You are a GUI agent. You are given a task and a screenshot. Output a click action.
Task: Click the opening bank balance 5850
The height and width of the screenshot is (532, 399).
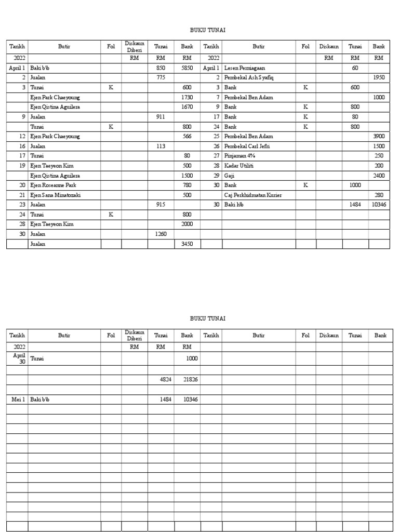point(187,68)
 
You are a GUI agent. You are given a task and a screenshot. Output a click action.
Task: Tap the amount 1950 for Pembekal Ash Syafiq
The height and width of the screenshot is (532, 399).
point(378,77)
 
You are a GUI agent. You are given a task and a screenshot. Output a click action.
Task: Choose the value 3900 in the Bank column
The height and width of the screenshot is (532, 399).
point(378,136)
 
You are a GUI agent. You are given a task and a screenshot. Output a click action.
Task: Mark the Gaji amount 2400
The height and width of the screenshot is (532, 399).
point(378,175)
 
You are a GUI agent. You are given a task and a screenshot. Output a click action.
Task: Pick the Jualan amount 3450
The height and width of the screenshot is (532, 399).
point(187,244)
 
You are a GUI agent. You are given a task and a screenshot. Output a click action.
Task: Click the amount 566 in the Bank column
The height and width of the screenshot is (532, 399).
point(187,136)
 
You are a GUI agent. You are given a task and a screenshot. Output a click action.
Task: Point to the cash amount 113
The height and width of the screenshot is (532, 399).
point(161,146)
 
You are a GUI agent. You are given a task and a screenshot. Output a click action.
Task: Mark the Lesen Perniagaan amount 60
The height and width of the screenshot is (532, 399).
point(355,68)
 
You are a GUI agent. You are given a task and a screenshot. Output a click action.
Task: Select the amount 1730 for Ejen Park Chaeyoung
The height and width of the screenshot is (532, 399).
point(187,97)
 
